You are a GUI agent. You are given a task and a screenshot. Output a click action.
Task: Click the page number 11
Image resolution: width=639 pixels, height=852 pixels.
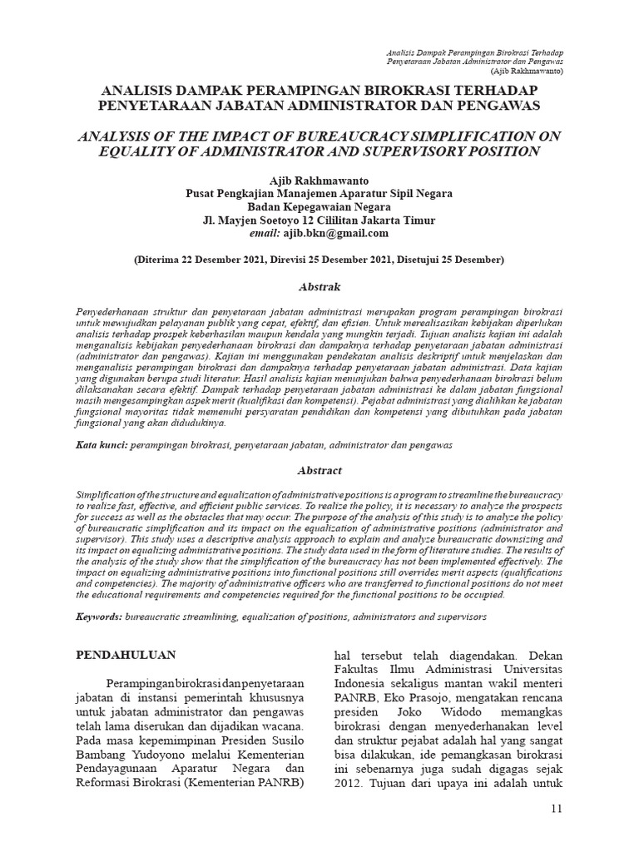pos(557,810)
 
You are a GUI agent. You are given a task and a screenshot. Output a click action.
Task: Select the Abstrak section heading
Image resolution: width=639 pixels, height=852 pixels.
pos(319,287)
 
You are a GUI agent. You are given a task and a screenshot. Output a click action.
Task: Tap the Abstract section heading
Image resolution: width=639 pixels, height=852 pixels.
pos(319,470)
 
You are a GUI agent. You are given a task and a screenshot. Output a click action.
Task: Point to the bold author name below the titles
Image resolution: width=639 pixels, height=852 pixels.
pos(319,181)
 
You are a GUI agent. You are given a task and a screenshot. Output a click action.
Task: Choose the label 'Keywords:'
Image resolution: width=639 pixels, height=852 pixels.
pos(99,617)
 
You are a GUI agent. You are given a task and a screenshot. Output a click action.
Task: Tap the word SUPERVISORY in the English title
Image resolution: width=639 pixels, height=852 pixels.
pos(404,151)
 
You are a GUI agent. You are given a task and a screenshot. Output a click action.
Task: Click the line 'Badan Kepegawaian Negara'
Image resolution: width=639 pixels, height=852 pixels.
pos(319,207)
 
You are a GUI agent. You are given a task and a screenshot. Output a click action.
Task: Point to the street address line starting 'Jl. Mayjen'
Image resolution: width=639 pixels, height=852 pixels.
pos(319,220)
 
